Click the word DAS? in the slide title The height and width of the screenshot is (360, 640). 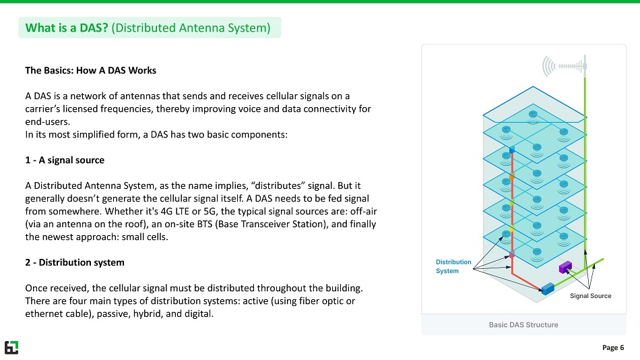coord(94,28)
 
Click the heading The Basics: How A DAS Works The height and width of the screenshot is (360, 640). coord(90,70)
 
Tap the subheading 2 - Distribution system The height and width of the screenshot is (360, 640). coord(74,262)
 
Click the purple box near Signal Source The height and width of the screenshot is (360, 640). coord(565,266)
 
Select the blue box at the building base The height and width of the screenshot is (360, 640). coord(548,289)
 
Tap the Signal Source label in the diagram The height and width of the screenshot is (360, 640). coord(590,296)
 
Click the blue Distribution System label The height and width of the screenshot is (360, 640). coord(453,266)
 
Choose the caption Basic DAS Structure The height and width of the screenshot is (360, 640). coord(523,325)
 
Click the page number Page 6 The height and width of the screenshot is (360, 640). coord(612,348)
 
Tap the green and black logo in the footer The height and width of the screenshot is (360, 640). coord(11,347)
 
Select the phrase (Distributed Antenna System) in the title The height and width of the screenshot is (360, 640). coord(191,28)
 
